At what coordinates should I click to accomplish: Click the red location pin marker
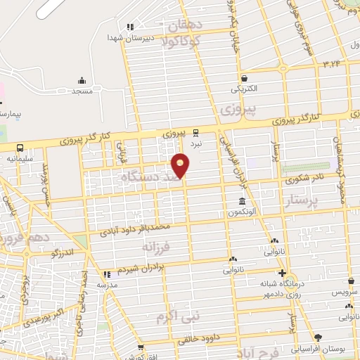coord(181,166)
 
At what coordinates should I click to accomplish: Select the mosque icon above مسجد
coord(82,80)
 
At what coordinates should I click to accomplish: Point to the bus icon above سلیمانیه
coord(20,148)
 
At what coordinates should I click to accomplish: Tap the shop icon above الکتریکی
coord(244,79)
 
